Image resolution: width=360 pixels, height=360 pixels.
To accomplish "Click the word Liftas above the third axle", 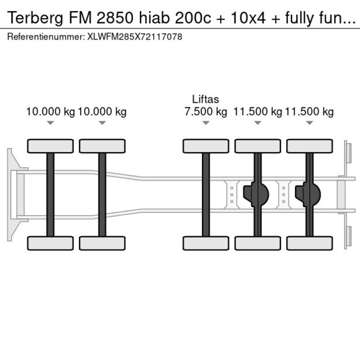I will click(x=206, y=99).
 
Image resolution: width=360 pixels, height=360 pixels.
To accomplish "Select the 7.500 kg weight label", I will click(x=206, y=111).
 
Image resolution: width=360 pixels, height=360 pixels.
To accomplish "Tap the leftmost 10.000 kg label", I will click(x=51, y=111).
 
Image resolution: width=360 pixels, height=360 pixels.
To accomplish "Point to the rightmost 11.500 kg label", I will click(x=309, y=111).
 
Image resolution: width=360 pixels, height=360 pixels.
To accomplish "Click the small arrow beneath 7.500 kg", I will click(x=206, y=123).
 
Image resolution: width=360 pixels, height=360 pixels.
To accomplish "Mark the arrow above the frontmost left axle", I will click(x=51, y=123).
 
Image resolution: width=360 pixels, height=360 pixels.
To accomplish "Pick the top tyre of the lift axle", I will click(x=206, y=146).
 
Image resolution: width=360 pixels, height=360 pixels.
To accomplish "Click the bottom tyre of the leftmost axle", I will click(x=51, y=243).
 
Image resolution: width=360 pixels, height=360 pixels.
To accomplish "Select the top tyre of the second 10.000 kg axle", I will click(x=102, y=146).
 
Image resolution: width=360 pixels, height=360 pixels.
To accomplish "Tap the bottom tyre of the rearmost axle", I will click(x=309, y=243).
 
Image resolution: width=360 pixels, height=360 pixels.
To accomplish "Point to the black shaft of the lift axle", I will click(x=206, y=195).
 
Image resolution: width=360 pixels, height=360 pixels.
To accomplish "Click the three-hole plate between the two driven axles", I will click(x=283, y=195).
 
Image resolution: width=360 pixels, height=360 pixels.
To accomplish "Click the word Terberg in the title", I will click(x=28, y=19).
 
